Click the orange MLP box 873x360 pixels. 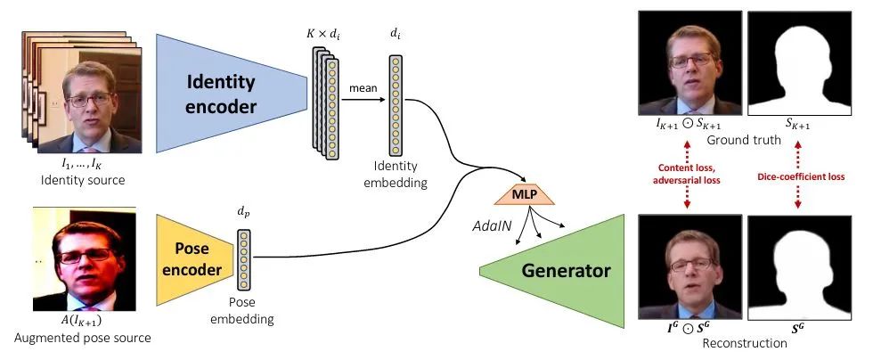point(526,195)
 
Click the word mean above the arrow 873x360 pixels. point(363,88)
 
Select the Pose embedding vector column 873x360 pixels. point(244,260)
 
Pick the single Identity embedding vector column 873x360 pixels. point(396,105)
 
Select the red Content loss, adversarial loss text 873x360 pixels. point(689,173)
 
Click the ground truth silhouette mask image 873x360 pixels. point(800,63)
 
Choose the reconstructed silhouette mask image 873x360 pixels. point(800,267)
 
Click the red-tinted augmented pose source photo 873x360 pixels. point(85,259)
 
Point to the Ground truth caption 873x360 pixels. point(744,140)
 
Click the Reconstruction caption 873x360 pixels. point(745,343)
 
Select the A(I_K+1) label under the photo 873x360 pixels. point(84,322)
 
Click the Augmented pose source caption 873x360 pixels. point(82,338)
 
